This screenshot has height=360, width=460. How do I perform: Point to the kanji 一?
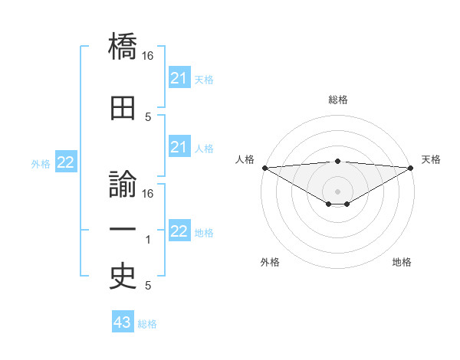(123, 230)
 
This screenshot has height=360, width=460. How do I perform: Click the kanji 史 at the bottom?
(123, 277)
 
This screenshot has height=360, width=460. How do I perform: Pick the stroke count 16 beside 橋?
(149, 56)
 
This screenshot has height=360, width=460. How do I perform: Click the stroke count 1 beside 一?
(149, 240)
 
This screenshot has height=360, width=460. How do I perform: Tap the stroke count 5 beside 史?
(148, 286)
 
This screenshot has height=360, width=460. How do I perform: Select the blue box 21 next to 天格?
(179, 78)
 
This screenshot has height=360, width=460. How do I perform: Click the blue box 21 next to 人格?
(179, 147)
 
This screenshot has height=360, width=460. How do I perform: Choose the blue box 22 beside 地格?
(179, 231)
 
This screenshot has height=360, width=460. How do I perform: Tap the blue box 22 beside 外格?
(66, 162)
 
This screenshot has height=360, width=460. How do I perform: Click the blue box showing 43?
(122, 322)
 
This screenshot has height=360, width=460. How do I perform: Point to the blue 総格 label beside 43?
(147, 324)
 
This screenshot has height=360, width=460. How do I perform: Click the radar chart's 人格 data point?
(264, 168)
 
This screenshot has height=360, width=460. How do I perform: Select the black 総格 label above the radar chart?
(337, 100)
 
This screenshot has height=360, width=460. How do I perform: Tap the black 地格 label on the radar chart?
(402, 262)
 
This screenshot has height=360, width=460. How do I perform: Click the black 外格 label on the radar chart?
(270, 262)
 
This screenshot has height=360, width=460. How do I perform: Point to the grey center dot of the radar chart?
(337, 191)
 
